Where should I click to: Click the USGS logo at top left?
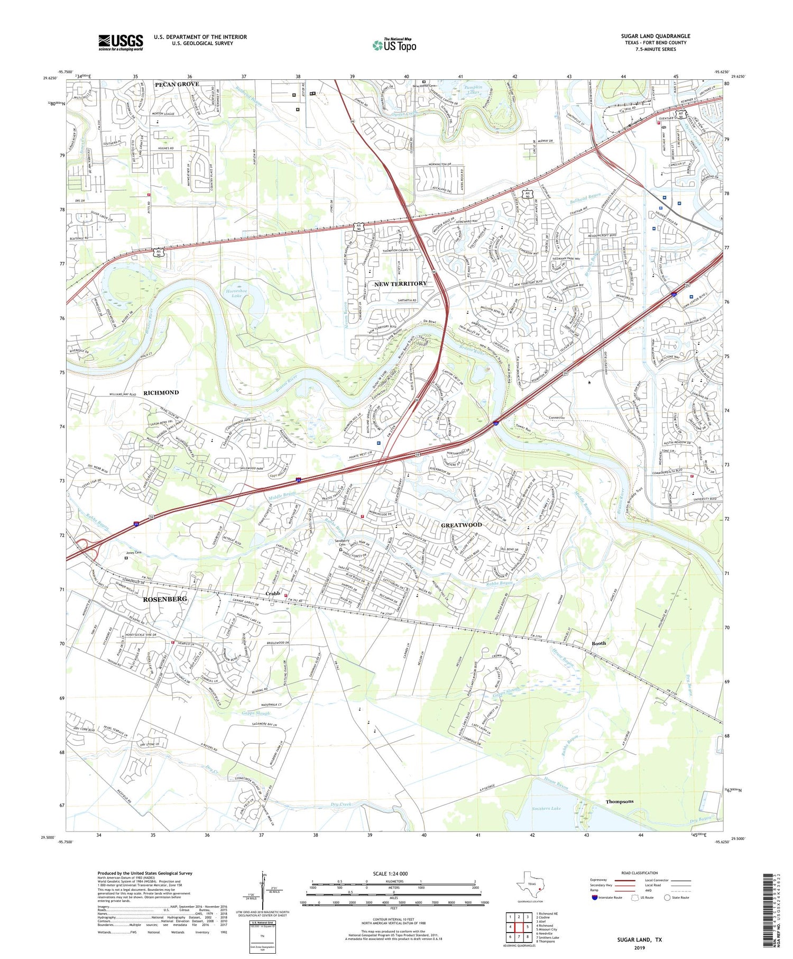pos(121,42)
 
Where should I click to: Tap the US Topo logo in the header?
pos(394,45)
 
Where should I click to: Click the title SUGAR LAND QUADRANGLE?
pos(655,36)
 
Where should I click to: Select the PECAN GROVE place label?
pos(177,84)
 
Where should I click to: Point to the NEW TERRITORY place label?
pos(400,284)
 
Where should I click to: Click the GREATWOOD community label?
pos(462,525)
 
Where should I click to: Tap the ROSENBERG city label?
pos(165,599)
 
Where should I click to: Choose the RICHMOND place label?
pos(161,392)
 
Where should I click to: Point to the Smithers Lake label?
pos(546,808)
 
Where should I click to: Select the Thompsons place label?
pos(619,801)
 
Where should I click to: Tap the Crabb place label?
pos(272,593)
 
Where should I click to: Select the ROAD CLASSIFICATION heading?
pos(640,873)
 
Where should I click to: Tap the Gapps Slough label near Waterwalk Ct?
pos(256,714)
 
